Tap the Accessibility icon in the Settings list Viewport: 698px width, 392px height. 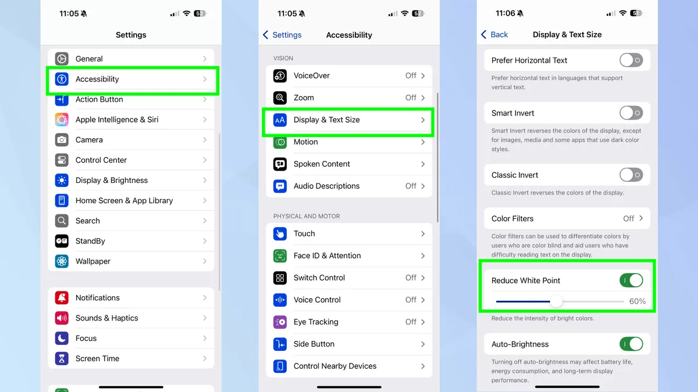tap(62, 79)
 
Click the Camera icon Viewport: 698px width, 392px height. tap(62, 140)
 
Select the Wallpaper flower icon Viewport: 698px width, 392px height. tap(62, 261)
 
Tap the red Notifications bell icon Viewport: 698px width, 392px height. tap(62, 298)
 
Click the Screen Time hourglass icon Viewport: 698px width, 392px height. tap(62, 358)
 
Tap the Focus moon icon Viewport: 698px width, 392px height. tap(62, 338)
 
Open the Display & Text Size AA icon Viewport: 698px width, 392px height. tap(280, 120)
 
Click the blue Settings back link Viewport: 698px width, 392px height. tap(282, 35)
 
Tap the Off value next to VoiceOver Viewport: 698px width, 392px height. tap(411, 75)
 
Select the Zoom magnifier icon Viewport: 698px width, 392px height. tap(280, 98)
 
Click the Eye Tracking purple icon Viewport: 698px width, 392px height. tap(280, 322)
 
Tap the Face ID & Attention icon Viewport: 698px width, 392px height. tap(280, 256)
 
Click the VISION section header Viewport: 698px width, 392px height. tap(283, 58)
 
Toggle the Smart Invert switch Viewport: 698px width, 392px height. tap(631, 113)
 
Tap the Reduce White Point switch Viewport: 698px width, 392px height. tap(631, 280)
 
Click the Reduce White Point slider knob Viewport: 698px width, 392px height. tap(556, 301)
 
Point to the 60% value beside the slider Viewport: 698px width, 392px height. tap(638, 301)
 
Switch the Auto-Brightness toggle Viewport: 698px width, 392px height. tap(631, 344)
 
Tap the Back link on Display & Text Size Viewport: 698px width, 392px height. tap(494, 34)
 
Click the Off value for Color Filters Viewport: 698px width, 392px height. tap(629, 219)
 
